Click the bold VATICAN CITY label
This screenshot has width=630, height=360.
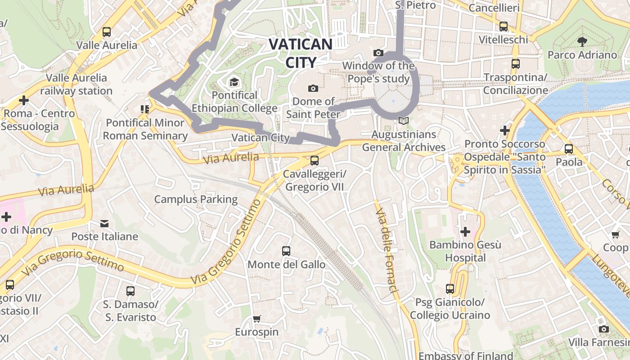[301, 53]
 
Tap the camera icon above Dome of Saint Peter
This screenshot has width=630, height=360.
[313, 88]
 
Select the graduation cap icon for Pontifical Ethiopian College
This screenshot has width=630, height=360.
[234, 82]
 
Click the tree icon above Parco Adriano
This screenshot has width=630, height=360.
[582, 41]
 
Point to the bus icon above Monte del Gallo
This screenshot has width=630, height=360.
[286, 251]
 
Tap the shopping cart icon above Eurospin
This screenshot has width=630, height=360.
[256, 319]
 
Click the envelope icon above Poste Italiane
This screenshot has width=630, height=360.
[104, 223]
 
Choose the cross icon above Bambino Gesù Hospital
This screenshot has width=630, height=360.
[465, 232]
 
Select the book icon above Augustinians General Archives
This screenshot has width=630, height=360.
[404, 121]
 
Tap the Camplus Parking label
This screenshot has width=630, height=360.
[196, 199]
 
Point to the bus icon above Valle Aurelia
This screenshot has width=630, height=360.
[106, 32]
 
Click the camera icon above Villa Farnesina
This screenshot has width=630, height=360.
[604, 329]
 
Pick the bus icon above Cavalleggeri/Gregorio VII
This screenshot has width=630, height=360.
[315, 160]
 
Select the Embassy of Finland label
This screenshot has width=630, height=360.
[466, 355]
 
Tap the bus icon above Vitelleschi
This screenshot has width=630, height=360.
[504, 27]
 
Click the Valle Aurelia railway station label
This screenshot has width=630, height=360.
[76, 84]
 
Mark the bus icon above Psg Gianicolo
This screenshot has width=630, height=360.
[450, 289]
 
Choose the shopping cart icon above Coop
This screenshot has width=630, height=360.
[615, 234]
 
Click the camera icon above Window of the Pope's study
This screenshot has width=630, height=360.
[378, 53]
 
